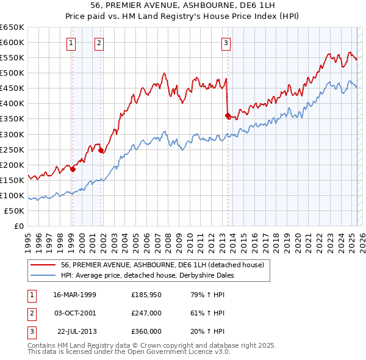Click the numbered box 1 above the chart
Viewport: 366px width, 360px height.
click(x=71, y=43)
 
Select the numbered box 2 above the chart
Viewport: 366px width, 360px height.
click(x=99, y=43)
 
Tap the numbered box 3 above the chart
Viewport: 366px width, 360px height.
click(x=226, y=43)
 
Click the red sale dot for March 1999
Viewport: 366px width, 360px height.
click(x=73, y=169)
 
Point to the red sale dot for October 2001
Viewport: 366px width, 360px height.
click(x=101, y=150)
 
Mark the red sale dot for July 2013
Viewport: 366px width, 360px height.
click(x=228, y=115)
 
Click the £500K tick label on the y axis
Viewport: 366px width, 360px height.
click(x=13, y=73)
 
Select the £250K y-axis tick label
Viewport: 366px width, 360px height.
click(x=13, y=149)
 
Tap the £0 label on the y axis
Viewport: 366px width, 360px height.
click(x=18, y=226)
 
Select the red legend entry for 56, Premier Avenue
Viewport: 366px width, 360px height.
click(x=162, y=265)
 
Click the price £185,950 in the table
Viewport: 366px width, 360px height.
click(x=146, y=295)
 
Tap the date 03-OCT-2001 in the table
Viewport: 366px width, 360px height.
click(x=75, y=313)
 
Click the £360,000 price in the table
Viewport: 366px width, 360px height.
click(x=146, y=331)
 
